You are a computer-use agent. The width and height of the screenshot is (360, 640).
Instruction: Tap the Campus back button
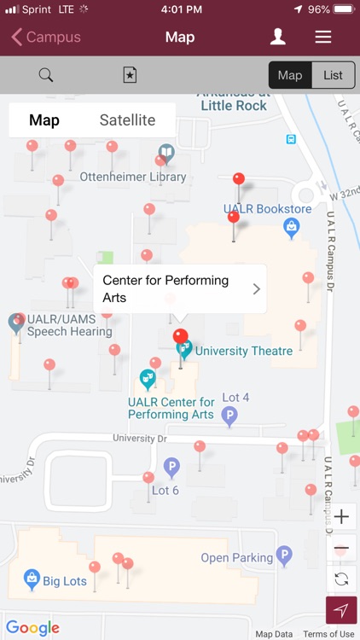(46, 38)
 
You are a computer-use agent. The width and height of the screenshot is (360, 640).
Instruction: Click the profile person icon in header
(277, 37)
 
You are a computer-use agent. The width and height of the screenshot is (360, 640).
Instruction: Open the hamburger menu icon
(322, 37)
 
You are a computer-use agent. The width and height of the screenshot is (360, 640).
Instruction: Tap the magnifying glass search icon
(46, 75)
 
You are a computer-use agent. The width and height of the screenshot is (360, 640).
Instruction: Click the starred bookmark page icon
(130, 75)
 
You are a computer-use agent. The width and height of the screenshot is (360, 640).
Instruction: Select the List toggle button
(333, 75)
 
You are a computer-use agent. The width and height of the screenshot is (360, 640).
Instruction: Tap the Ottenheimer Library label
(132, 177)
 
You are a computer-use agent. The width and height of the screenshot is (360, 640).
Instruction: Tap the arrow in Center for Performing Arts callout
(256, 289)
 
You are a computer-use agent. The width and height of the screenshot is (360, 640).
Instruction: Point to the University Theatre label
(243, 351)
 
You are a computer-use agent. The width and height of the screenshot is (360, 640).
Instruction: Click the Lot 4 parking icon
(229, 416)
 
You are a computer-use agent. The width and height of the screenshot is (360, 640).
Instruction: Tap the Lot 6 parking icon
(171, 468)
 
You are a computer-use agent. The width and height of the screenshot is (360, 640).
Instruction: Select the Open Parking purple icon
(284, 557)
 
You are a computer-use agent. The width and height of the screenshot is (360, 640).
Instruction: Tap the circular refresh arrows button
(341, 579)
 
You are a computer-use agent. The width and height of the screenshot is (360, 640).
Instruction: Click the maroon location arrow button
(341, 610)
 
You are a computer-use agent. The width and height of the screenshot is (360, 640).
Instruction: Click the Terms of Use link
(328, 634)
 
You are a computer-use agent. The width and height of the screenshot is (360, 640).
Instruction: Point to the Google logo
(32, 628)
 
